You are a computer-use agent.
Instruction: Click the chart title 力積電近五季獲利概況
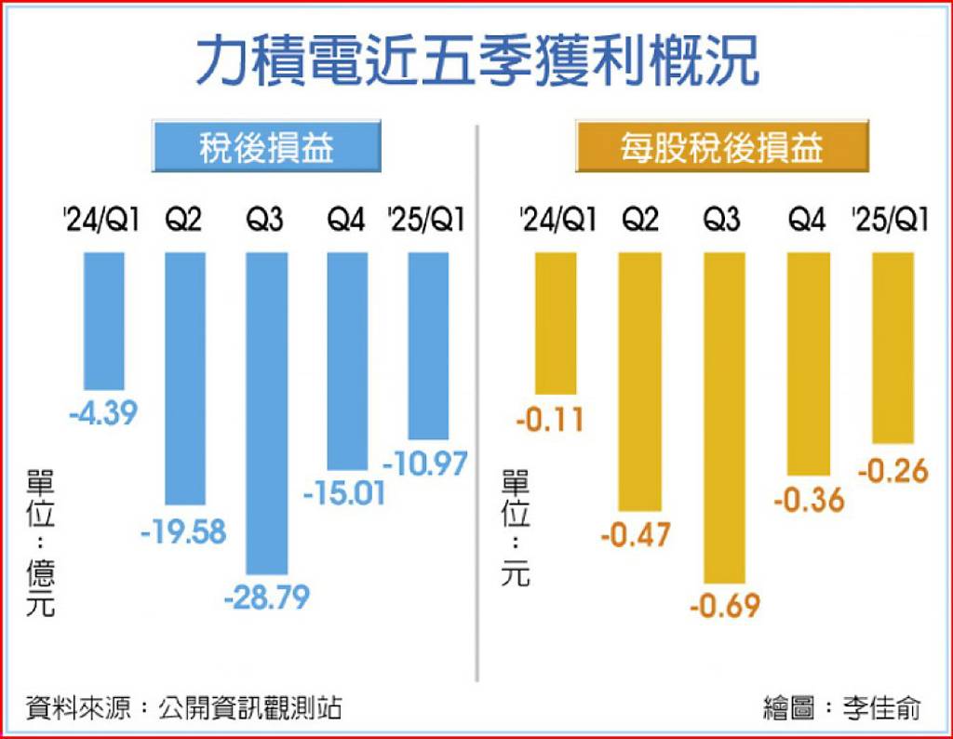tap(476, 62)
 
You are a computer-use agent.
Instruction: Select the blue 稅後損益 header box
tap(266, 147)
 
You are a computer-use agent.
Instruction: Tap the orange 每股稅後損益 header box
tap(721, 147)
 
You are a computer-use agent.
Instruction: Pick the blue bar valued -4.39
tap(103, 321)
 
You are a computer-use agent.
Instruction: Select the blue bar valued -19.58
tap(185, 378)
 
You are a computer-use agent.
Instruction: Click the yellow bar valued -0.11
tap(555, 322)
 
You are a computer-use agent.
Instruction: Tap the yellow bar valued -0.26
tap(893, 347)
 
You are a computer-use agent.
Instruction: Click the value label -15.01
tap(344, 492)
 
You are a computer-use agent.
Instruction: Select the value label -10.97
tap(424, 463)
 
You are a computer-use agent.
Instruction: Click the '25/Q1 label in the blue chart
tap(426, 221)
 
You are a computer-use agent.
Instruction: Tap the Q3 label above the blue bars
tap(266, 221)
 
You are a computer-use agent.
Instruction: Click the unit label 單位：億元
tap(41, 544)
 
